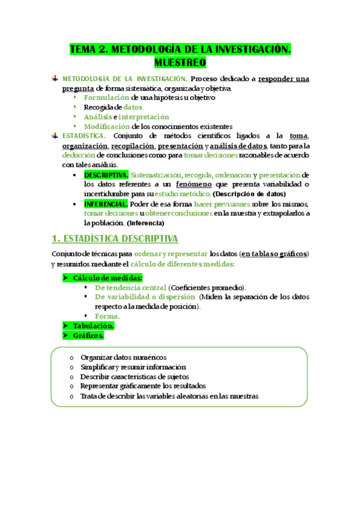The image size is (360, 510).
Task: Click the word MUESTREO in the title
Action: tap(180, 62)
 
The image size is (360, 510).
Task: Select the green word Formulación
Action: tap(106, 97)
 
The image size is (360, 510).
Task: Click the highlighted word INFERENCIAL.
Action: tap(106, 204)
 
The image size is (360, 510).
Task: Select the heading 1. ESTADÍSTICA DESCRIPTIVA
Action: tap(115, 239)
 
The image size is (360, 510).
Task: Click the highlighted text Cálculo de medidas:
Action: tap(108, 277)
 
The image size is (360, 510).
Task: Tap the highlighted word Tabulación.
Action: tap(94, 325)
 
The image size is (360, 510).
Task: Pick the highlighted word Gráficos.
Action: tap(88, 335)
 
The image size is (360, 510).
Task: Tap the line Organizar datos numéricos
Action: tap(123, 357)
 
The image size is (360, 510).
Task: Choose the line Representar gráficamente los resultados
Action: tap(142, 386)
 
